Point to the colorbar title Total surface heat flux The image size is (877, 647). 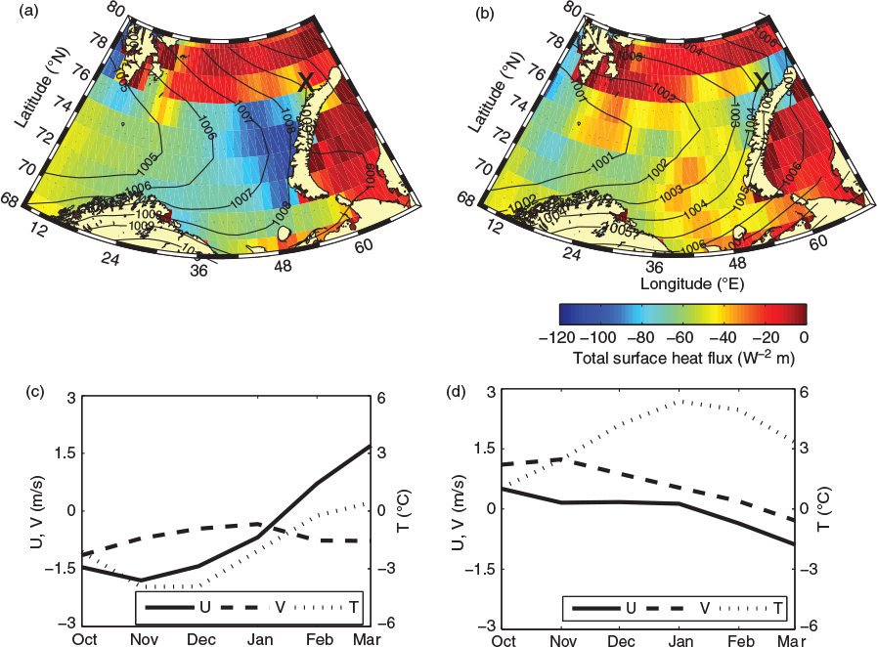(x=681, y=359)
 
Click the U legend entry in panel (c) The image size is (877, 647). (x=204, y=607)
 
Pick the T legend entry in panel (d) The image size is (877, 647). (x=779, y=608)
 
